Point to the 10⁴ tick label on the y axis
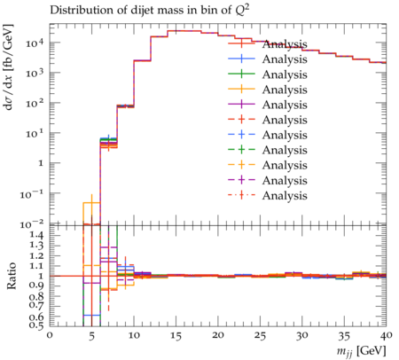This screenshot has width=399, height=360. [x=35, y=43]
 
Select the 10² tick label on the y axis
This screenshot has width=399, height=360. [x=35, y=104]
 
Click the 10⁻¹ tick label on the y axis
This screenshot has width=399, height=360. [x=32, y=194]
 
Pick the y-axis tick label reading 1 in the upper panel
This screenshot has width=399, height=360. [x=42, y=163]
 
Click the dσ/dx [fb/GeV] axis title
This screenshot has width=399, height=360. [x=10, y=67]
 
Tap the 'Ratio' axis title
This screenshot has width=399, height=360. [x=12, y=276]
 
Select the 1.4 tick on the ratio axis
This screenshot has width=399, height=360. [x=35, y=235]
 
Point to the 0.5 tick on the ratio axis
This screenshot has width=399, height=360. [x=35, y=325]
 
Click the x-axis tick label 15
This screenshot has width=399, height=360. [x=176, y=336]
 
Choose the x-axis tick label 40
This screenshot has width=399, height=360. [x=386, y=336]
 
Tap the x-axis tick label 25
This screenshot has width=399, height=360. [x=260, y=336]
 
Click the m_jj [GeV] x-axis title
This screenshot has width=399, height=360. [x=362, y=351]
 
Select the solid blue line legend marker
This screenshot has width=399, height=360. [x=241, y=59]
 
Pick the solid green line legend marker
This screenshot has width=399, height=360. [x=241, y=74]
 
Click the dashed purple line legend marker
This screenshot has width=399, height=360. [x=241, y=180]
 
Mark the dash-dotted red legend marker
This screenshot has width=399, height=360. [x=241, y=195]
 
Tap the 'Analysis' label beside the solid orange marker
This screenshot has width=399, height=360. [x=285, y=90]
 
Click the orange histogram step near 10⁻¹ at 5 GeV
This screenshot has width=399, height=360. [x=91, y=203]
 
